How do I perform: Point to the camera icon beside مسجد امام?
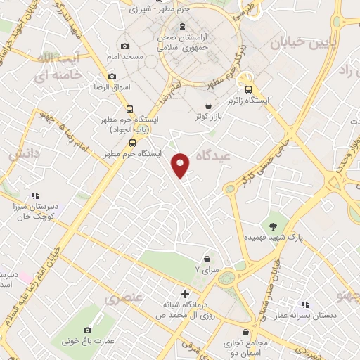pos(124,46)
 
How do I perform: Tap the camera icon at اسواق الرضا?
pos(112,77)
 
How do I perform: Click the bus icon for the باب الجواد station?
pos(129,109)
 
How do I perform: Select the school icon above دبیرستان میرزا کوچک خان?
pos(34,195)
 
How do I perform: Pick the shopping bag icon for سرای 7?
pos(206,259)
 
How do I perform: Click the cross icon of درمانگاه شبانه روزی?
pos(184,294)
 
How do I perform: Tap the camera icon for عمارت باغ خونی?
pos(88,330)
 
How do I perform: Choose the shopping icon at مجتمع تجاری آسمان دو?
pos(245,333)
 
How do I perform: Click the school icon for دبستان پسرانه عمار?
pos(305,305)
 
